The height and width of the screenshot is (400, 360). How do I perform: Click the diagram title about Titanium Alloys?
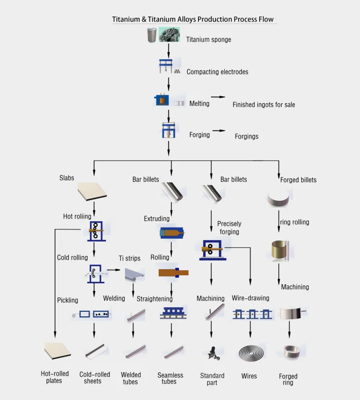[193, 19]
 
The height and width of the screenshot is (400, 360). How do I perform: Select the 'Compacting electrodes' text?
[217, 72]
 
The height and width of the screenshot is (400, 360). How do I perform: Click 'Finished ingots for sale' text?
[264, 104]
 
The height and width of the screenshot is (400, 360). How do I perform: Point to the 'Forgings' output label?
[247, 137]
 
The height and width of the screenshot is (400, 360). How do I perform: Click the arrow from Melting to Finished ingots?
[218, 97]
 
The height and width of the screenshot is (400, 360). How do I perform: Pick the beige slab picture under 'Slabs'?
[92, 192]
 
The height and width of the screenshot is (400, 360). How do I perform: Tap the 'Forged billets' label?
[298, 180]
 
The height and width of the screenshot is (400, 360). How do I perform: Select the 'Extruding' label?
[157, 219]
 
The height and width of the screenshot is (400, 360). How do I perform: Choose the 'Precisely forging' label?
[229, 227]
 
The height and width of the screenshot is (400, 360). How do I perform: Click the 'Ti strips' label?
[129, 258]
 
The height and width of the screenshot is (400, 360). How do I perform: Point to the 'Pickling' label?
[67, 300]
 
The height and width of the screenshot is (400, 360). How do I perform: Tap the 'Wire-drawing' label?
[250, 298]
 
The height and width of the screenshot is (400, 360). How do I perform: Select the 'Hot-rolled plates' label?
[54, 377]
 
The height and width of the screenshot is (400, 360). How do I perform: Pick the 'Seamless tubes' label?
[170, 378]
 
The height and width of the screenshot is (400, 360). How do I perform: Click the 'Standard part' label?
[212, 379]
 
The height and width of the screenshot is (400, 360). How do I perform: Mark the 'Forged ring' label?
[288, 379]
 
